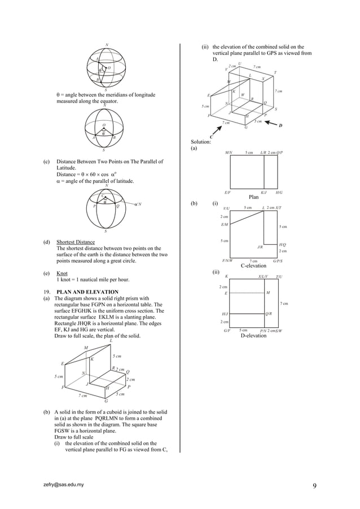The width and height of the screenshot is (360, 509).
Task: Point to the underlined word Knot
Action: click(62, 273)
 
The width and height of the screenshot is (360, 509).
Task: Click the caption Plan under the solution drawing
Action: click(253, 197)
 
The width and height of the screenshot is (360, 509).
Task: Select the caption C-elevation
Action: click(253, 265)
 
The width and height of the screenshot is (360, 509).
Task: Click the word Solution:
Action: click(201, 142)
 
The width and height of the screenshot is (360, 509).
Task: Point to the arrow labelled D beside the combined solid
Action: click(273, 125)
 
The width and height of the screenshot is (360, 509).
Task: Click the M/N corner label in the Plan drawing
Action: click(229, 152)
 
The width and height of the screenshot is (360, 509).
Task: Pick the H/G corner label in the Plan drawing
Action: click(279, 192)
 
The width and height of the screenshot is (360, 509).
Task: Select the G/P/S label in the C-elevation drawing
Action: click(278, 261)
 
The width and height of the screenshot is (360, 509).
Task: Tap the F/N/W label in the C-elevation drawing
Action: click(227, 261)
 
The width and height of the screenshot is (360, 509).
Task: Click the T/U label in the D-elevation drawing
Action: click(279, 277)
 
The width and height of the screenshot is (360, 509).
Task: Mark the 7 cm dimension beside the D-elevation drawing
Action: click(284, 304)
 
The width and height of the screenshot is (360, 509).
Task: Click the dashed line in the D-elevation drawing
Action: click(247, 293)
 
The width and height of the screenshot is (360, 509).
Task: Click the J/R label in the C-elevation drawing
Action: click(260, 247)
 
